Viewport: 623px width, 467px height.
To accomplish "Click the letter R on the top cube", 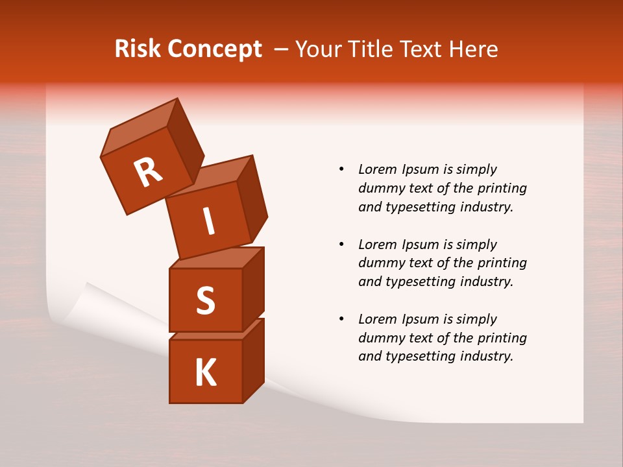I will click(148, 171).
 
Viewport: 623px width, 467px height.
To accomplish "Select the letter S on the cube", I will click(206, 300).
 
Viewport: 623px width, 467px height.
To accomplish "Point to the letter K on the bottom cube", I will click(206, 373).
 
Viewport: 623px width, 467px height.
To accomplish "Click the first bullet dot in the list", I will click(341, 169).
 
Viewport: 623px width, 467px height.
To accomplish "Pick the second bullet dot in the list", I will click(341, 245).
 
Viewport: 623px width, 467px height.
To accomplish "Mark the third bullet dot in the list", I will click(341, 319).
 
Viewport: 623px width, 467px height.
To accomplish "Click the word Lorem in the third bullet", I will click(377, 319).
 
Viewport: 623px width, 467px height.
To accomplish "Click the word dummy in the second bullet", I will click(380, 263).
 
